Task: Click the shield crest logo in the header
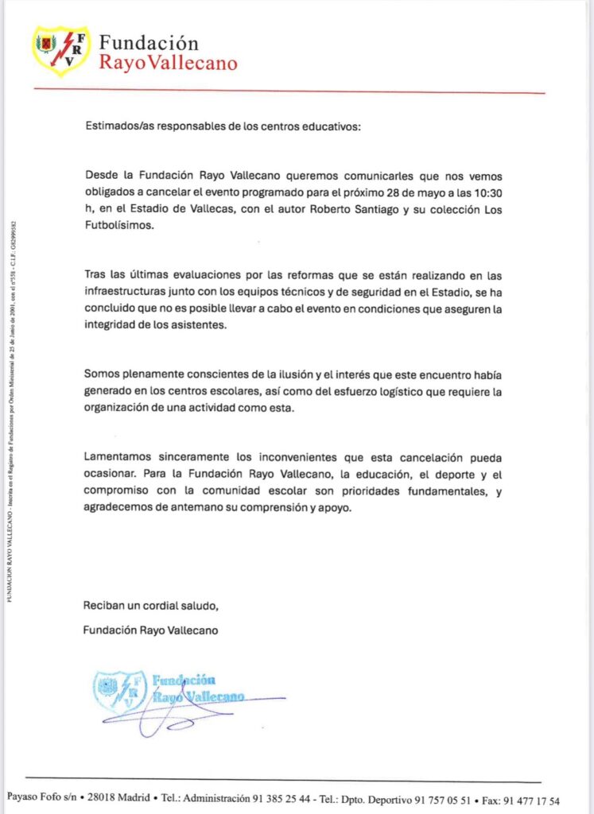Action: click(x=60, y=51)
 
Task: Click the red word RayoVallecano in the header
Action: click(x=168, y=63)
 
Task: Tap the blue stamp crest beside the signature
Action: click(x=119, y=690)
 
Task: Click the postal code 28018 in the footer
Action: click(x=105, y=800)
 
